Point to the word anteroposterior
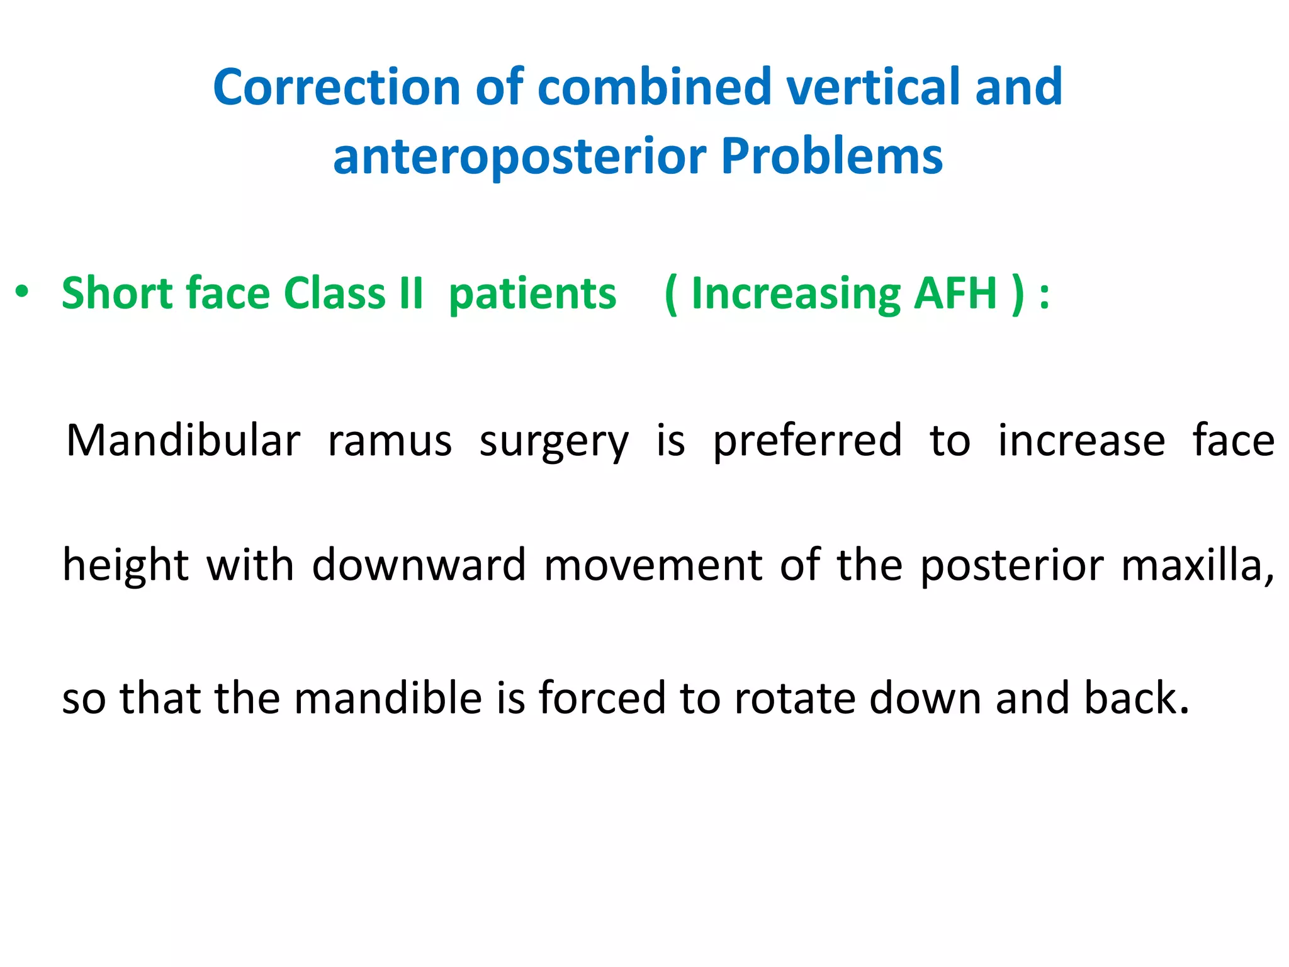click(519, 157)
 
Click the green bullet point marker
click(22, 292)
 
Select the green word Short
click(116, 293)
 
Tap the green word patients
click(532, 295)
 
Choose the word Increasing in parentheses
click(796, 295)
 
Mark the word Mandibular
click(183, 441)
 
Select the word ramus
click(390, 441)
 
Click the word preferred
click(808, 441)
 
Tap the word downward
click(419, 565)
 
